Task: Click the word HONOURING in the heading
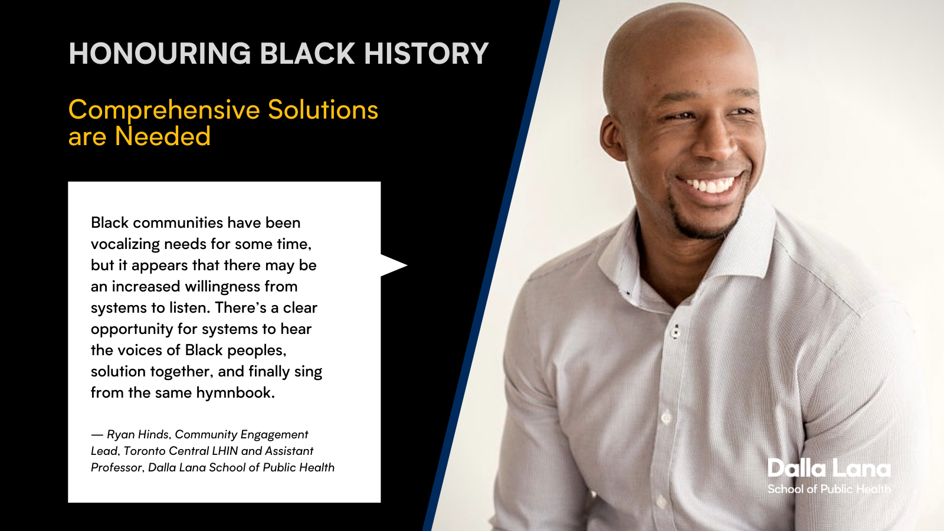160,54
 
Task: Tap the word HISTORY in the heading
426,54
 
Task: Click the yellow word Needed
163,136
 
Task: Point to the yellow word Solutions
323,110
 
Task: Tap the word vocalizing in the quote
125,244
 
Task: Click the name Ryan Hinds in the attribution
138,434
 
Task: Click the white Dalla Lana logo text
829,468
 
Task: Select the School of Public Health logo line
829,489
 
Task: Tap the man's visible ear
614,137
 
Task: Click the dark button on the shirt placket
676,331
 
